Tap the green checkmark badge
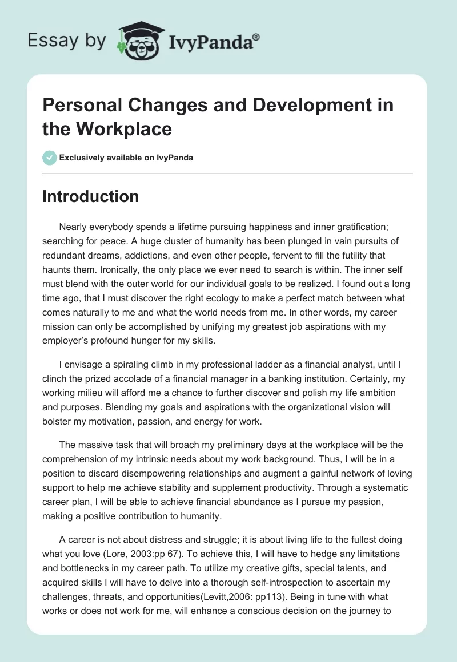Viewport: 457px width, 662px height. tap(50, 158)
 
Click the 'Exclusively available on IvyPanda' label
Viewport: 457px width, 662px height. tap(126, 158)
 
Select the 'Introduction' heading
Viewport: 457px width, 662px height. tap(90, 196)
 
